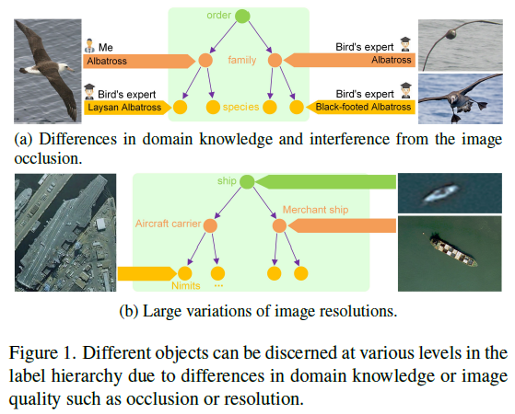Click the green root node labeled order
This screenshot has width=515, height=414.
pos(241,15)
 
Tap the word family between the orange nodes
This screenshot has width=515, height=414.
pos(239,62)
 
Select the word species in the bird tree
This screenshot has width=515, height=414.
pos(240,108)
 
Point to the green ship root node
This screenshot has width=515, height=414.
pos(247,182)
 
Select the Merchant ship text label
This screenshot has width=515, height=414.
pos(312,210)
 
